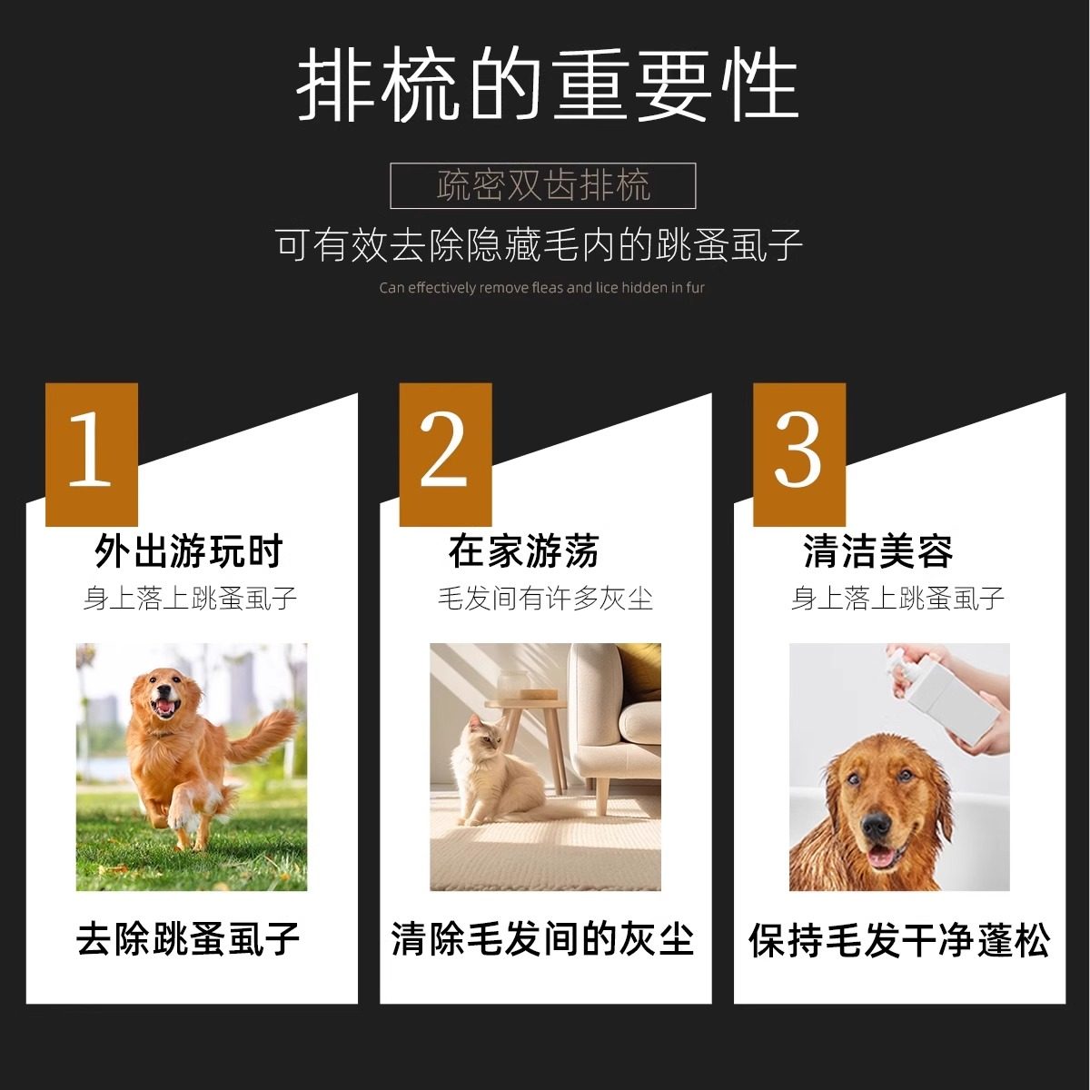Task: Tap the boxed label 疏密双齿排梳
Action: click(x=543, y=186)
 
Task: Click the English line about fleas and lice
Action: click(x=542, y=288)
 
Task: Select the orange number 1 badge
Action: click(x=92, y=454)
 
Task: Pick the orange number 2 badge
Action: click(x=445, y=454)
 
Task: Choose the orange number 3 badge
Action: click(x=799, y=454)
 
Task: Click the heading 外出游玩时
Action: click(x=189, y=551)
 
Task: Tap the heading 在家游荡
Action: click(x=523, y=551)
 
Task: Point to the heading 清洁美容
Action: click(x=877, y=551)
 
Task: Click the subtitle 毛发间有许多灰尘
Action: click(x=545, y=599)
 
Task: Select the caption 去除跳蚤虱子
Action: click(x=189, y=939)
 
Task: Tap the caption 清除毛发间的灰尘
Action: click(x=543, y=939)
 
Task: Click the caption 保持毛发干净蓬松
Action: click(x=899, y=941)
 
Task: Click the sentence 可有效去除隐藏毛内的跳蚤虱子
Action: click(x=540, y=245)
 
